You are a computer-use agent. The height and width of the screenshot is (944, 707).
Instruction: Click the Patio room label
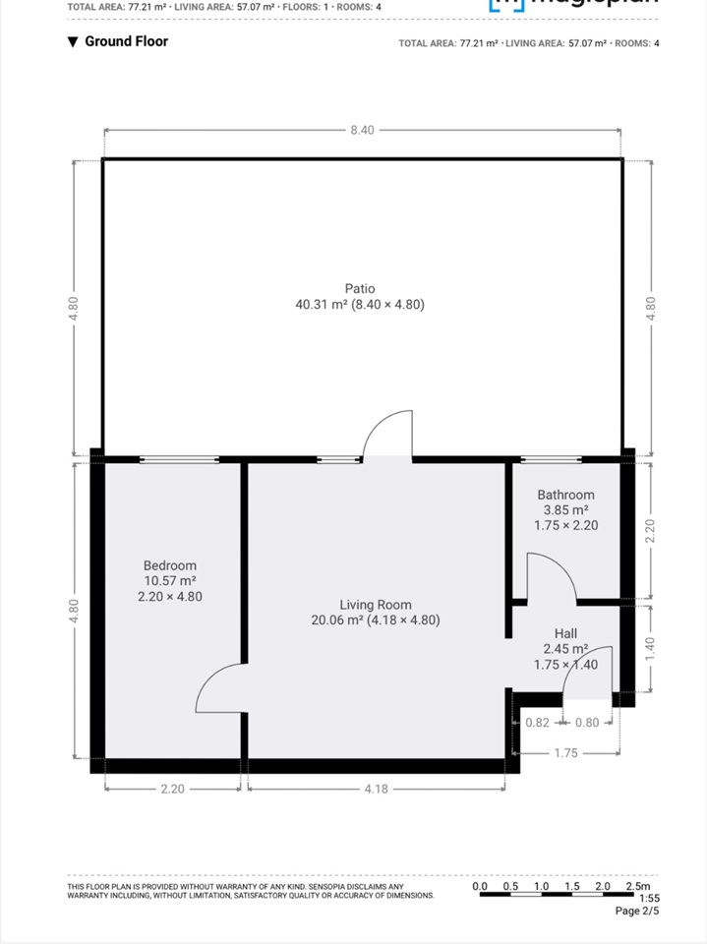pyautogui.click(x=360, y=289)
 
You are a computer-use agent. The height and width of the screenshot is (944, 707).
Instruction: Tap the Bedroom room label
pyautogui.click(x=170, y=565)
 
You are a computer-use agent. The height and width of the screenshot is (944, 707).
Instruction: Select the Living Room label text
pyautogui.click(x=376, y=605)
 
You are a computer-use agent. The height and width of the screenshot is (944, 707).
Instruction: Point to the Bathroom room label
pyautogui.click(x=565, y=495)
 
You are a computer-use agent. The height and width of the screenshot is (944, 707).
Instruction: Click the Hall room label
pyautogui.click(x=565, y=634)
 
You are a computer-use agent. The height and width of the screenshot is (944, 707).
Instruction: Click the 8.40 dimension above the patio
pyautogui.click(x=362, y=131)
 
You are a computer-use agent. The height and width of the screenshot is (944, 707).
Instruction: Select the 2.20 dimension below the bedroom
pyautogui.click(x=172, y=788)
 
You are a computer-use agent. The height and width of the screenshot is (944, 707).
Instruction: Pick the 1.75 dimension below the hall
pyautogui.click(x=564, y=753)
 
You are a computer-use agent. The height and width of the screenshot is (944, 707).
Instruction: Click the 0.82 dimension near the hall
pyautogui.click(x=537, y=723)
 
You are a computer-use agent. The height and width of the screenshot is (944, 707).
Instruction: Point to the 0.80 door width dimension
pyautogui.click(x=586, y=723)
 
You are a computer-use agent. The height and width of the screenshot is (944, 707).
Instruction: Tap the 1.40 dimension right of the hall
pyautogui.click(x=649, y=649)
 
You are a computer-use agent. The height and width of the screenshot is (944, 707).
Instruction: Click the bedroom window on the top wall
pyautogui.click(x=179, y=459)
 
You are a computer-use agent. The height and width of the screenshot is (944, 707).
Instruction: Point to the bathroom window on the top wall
pyautogui.click(x=551, y=459)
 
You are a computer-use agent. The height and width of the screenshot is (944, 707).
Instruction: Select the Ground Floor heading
pyautogui.click(x=126, y=41)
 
